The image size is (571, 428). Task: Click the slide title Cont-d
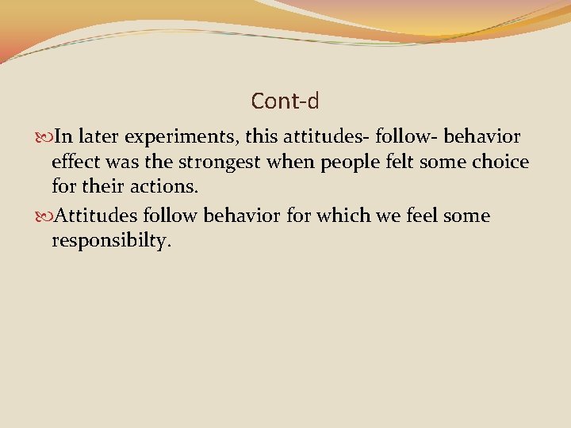pyautogui.click(x=285, y=101)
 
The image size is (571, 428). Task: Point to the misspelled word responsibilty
pyautogui.click(x=110, y=242)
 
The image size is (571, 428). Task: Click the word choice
pyautogui.click(x=500, y=162)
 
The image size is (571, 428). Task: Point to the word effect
pyautogui.click(x=75, y=163)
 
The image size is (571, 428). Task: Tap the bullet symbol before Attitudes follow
pyautogui.click(x=44, y=216)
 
